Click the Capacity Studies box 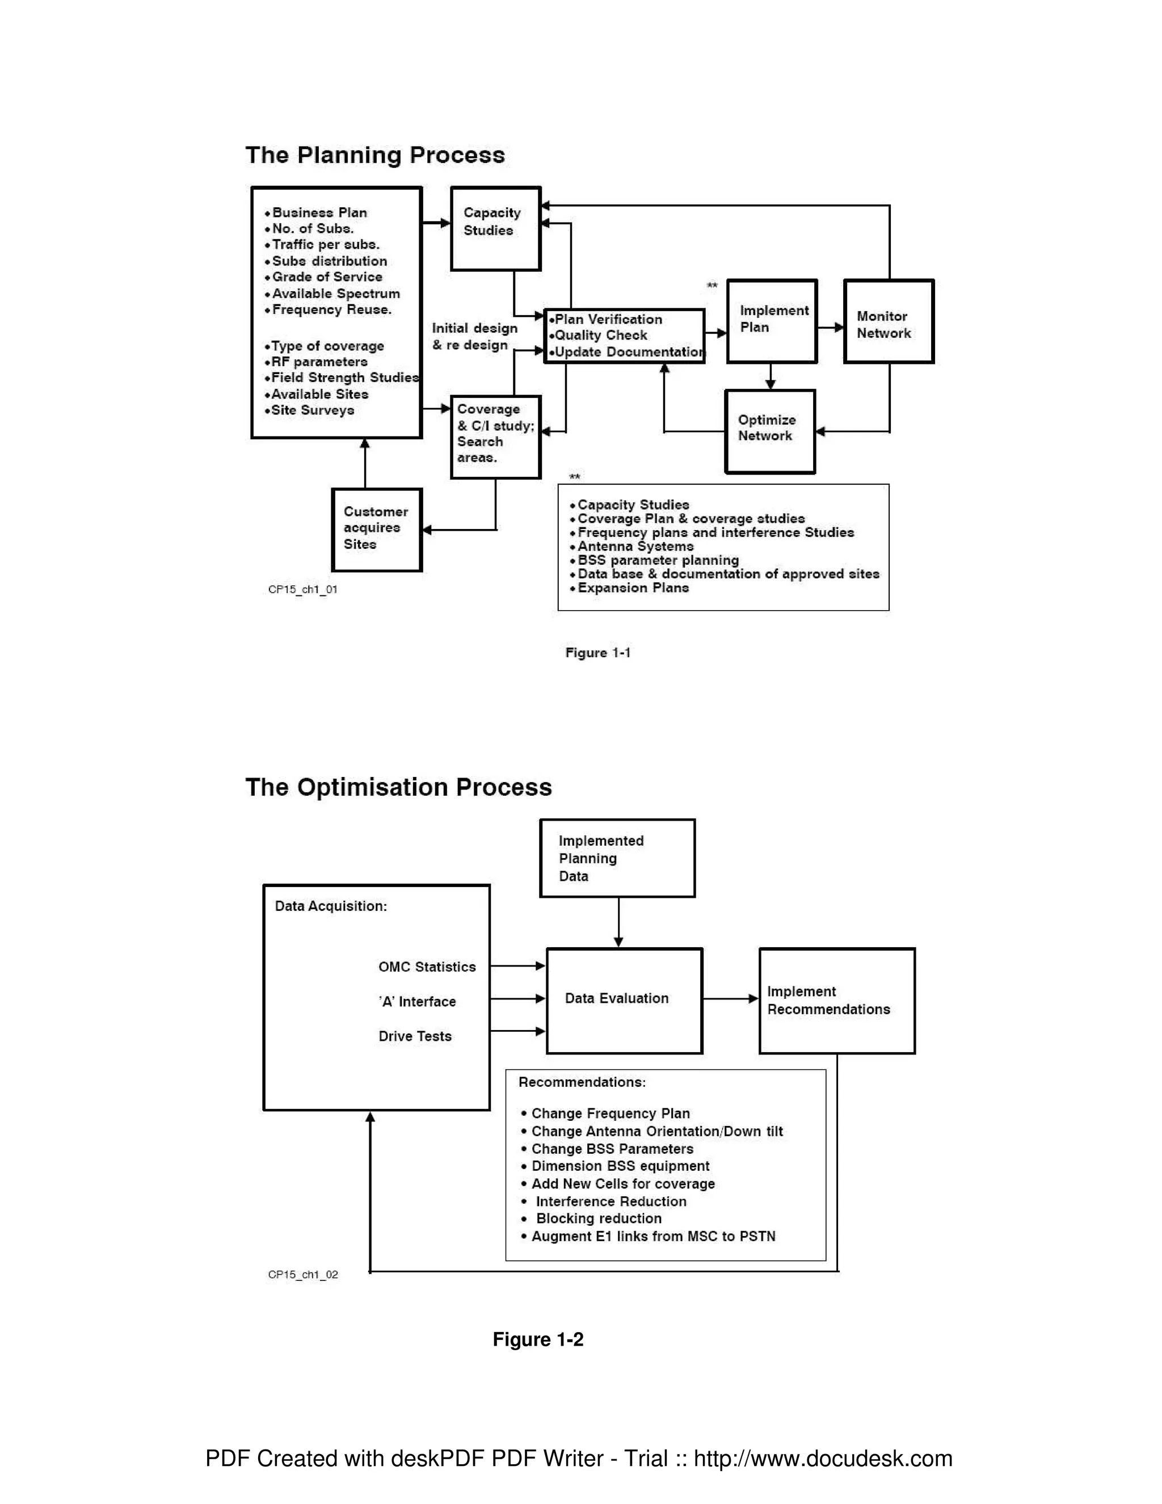(x=496, y=229)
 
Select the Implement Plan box (x=772, y=321)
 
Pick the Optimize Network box (x=769, y=431)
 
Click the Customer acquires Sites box (x=377, y=530)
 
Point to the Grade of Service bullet (x=326, y=277)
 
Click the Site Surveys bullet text (x=312, y=410)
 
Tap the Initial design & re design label (x=474, y=337)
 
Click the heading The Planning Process (x=375, y=155)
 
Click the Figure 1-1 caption (x=597, y=652)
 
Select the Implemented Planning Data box (x=617, y=858)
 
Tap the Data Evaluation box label (x=616, y=998)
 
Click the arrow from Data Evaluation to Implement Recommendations (x=730, y=998)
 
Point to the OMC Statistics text (x=427, y=967)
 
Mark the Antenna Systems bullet (x=635, y=546)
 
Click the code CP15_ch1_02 (x=303, y=1274)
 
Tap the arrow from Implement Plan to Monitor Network (x=830, y=328)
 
